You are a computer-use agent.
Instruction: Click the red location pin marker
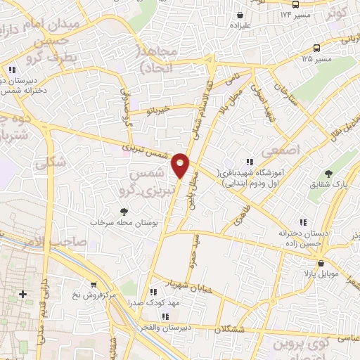click(x=181, y=164)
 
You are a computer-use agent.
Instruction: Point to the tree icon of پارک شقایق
click(x=328, y=173)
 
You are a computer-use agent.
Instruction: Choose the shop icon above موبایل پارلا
click(x=321, y=264)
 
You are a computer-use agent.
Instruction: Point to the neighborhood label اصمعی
click(x=279, y=151)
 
